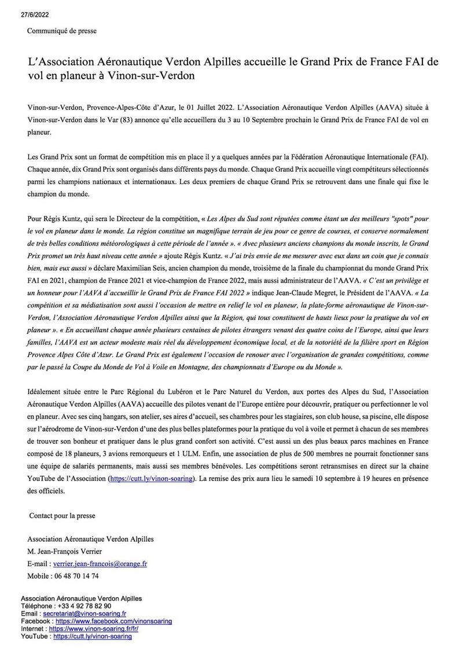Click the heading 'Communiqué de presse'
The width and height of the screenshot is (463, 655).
pos(62,31)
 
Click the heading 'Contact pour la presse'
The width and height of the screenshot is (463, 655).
pos(62,516)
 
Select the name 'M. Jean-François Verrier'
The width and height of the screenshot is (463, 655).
pos(65,551)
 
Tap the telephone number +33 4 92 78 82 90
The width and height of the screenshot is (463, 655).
pos(84,606)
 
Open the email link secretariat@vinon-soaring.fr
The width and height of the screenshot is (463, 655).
pos(84,614)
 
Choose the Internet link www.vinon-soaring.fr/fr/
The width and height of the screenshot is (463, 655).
pos(94,629)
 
